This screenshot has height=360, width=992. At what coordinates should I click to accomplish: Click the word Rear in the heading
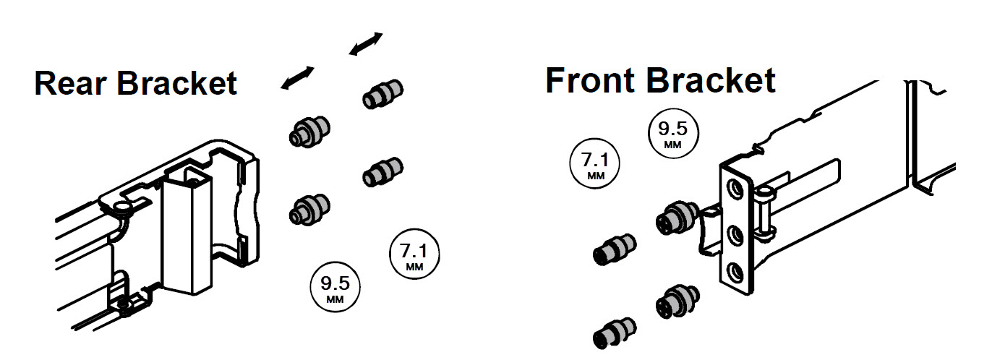pos(70,83)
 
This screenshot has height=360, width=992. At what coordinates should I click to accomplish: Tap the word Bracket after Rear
pos(176,83)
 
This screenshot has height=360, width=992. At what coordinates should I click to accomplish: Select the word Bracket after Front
pos(711,80)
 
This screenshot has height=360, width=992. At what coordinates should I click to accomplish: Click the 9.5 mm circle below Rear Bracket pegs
pos(335,287)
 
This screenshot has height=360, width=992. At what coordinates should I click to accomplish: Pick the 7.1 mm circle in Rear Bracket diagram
pos(414,254)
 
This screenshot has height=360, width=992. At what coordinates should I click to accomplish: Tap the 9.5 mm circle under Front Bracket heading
pos(672,133)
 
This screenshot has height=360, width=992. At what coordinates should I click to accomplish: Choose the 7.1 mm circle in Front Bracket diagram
pos(595,163)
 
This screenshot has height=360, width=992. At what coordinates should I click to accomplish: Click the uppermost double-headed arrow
pos(366,44)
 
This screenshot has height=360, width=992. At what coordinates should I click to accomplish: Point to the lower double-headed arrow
pos(297,78)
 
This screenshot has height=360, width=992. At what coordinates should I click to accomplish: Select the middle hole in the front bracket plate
pos(735,235)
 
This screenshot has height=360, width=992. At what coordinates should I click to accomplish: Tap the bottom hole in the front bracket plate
pos(735,273)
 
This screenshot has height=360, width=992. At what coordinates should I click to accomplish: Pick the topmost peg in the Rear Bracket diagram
pos(382,94)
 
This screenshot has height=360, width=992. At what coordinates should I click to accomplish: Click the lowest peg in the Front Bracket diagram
pos(615,333)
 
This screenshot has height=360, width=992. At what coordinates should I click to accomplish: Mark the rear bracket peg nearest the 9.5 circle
pos(309,209)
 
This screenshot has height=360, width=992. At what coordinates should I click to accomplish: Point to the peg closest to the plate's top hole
pos(677,218)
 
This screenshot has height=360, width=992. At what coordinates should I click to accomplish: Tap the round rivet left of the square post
pos(120,206)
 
